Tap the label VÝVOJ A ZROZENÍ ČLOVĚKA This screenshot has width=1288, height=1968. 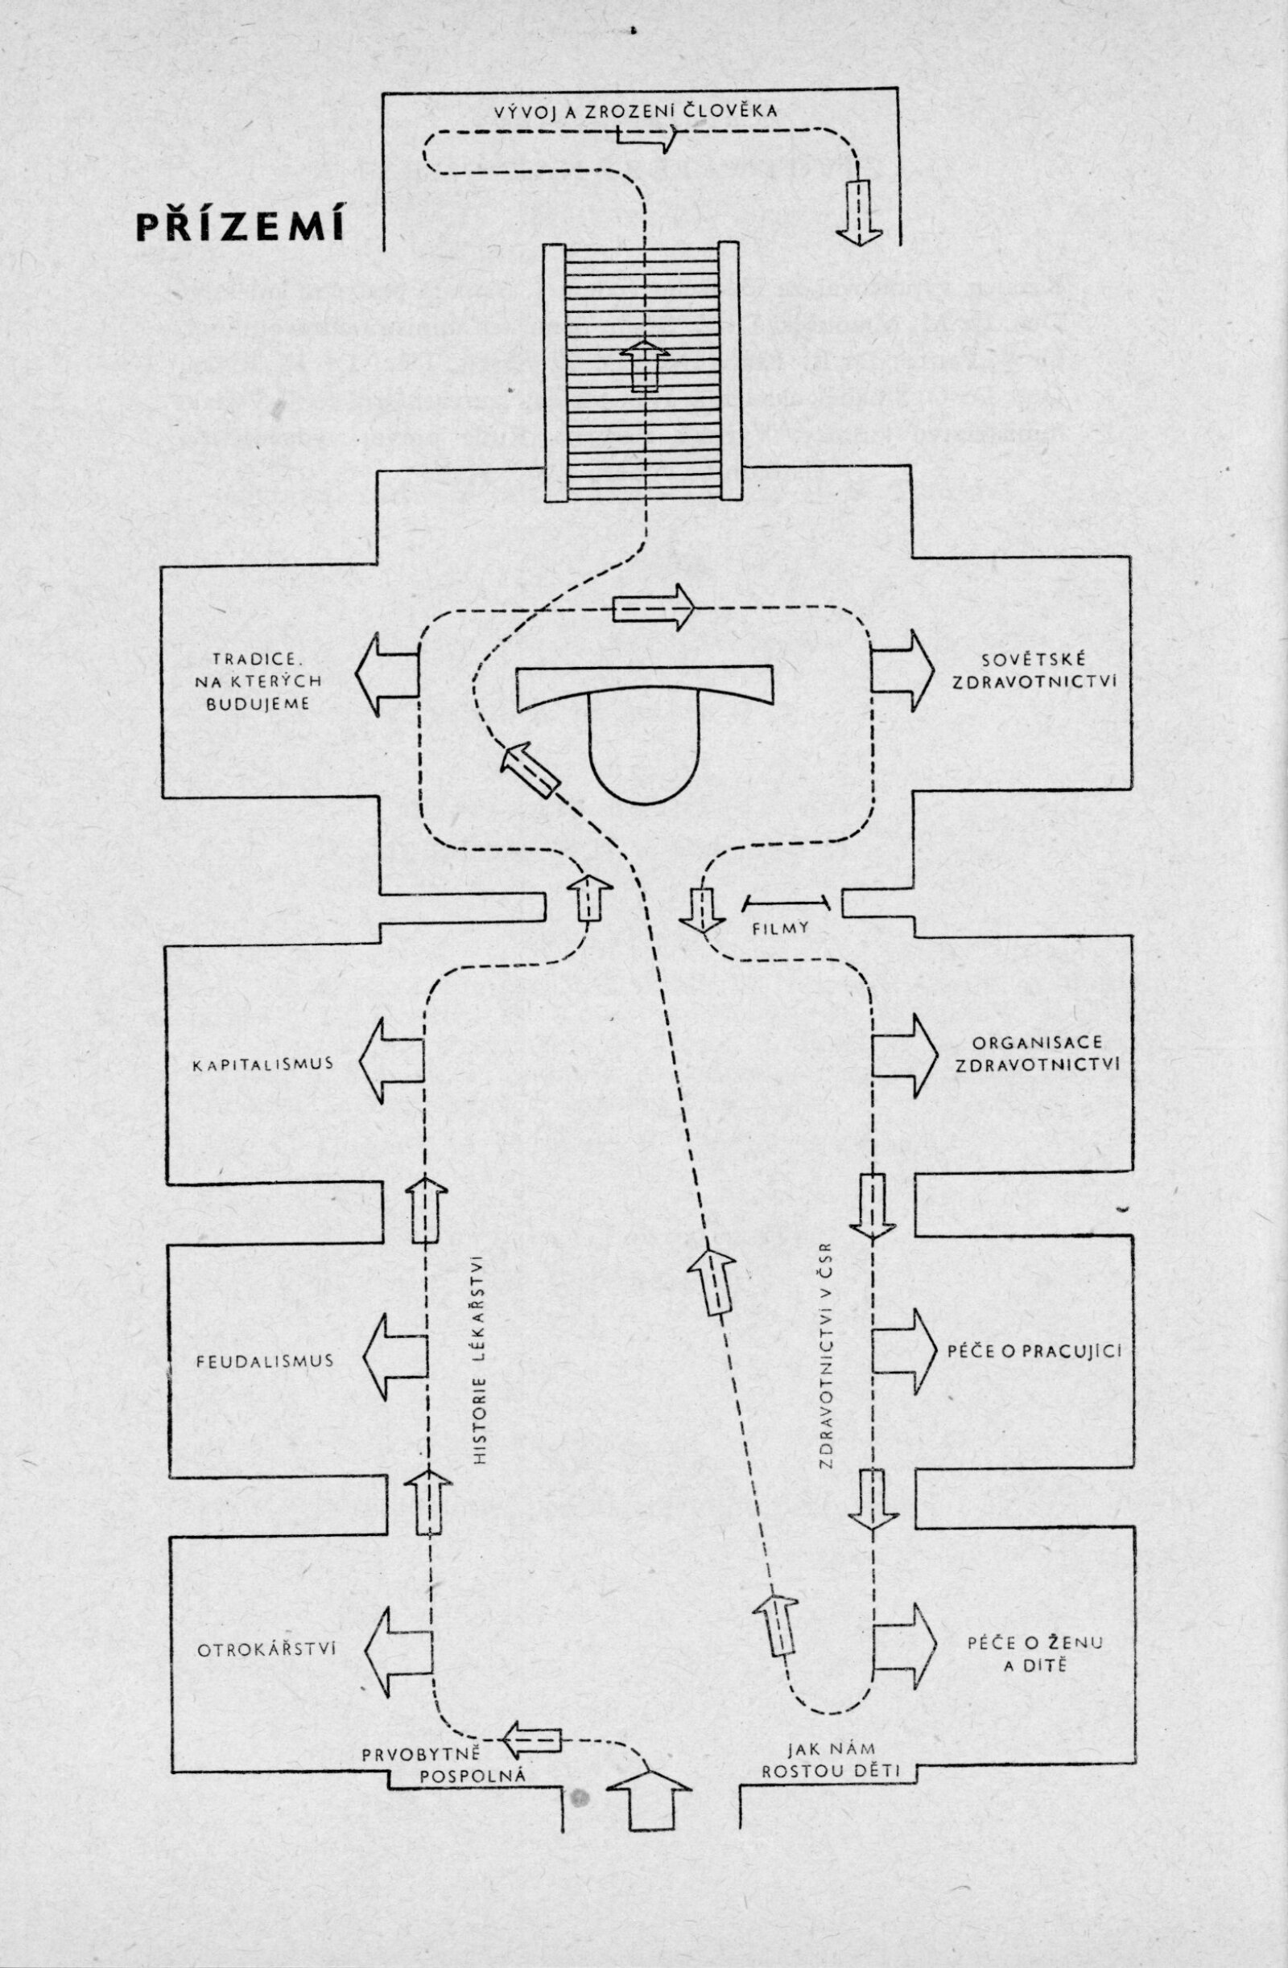635,111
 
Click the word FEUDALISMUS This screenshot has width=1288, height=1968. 266,1361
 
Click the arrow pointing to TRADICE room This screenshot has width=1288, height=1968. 386,673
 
